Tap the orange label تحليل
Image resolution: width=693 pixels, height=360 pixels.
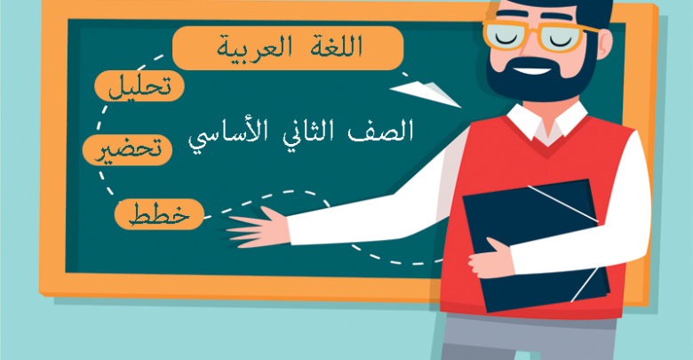coord(139,86)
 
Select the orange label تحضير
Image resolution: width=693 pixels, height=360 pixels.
coord(127,150)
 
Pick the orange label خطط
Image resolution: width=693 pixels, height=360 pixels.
coord(159,214)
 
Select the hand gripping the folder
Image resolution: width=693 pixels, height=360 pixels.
coord(490,259)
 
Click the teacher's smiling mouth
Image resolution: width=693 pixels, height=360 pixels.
coord(532,71)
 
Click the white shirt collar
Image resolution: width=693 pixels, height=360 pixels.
coord(547,122)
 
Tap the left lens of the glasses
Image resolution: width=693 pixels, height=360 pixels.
coord(508,36)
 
